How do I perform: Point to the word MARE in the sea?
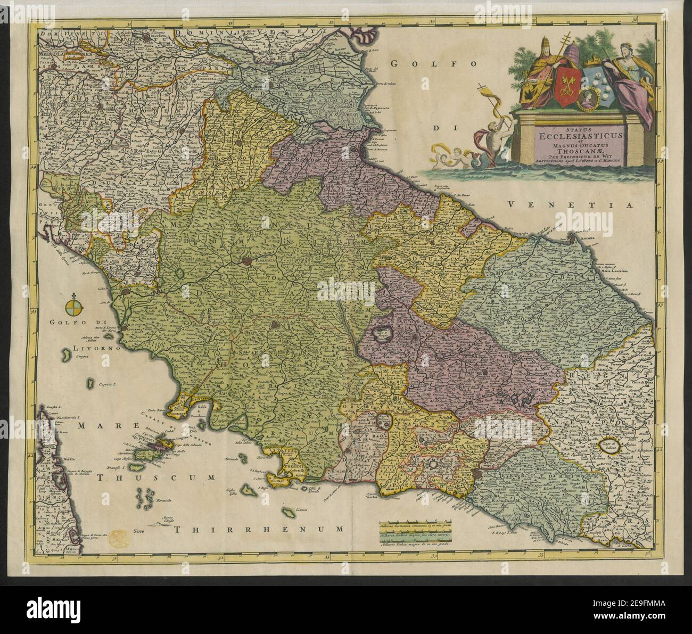97,426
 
